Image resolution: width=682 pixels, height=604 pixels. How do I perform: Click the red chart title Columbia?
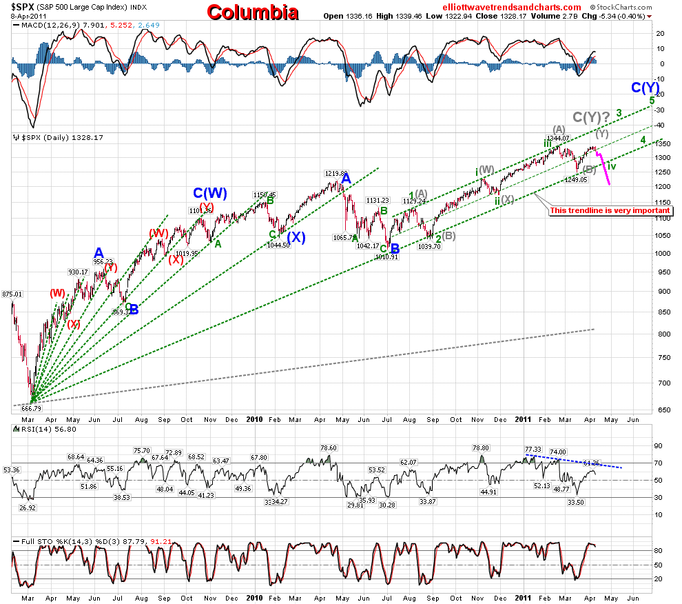click(253, 12)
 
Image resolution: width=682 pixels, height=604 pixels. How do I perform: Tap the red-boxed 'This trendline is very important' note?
click(610, 211)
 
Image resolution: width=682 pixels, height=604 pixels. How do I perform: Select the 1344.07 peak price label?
click(559, 138)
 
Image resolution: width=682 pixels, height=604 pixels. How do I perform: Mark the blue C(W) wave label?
click(210, 194)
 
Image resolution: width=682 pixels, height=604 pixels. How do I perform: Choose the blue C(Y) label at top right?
click(646, 88)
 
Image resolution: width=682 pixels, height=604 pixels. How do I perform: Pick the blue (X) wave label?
click(296, 236)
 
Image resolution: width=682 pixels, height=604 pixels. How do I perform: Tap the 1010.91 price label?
click(386, 257)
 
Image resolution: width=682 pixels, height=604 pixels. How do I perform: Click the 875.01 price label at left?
click(12, 294)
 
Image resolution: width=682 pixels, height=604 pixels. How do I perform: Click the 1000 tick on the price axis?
click(662, 253)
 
